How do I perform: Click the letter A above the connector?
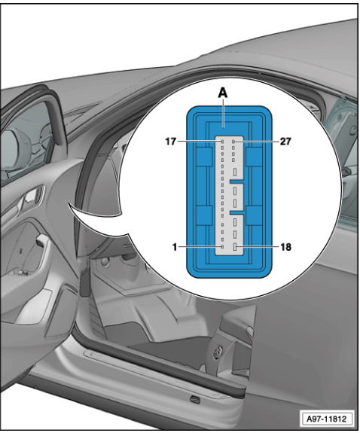point(223,93)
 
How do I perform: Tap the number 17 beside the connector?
point(170,142)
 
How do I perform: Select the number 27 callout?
point(285,142)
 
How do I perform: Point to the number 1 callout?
point(175,246)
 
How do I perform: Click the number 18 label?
point(285,246)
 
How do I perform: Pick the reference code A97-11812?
point(326,419)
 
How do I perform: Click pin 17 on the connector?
point(222,142)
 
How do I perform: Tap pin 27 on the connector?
point(233,142)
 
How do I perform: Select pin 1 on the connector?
point(222,246)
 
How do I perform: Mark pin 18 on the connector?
point(235,246)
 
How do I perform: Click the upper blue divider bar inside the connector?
point(236,181)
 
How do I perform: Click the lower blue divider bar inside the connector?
point(236,213)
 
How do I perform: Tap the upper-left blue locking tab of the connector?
point(204,157)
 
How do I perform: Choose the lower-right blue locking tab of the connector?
point(254,215)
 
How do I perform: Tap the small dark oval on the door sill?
point(195,398)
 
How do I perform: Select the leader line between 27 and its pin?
point(257,142)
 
